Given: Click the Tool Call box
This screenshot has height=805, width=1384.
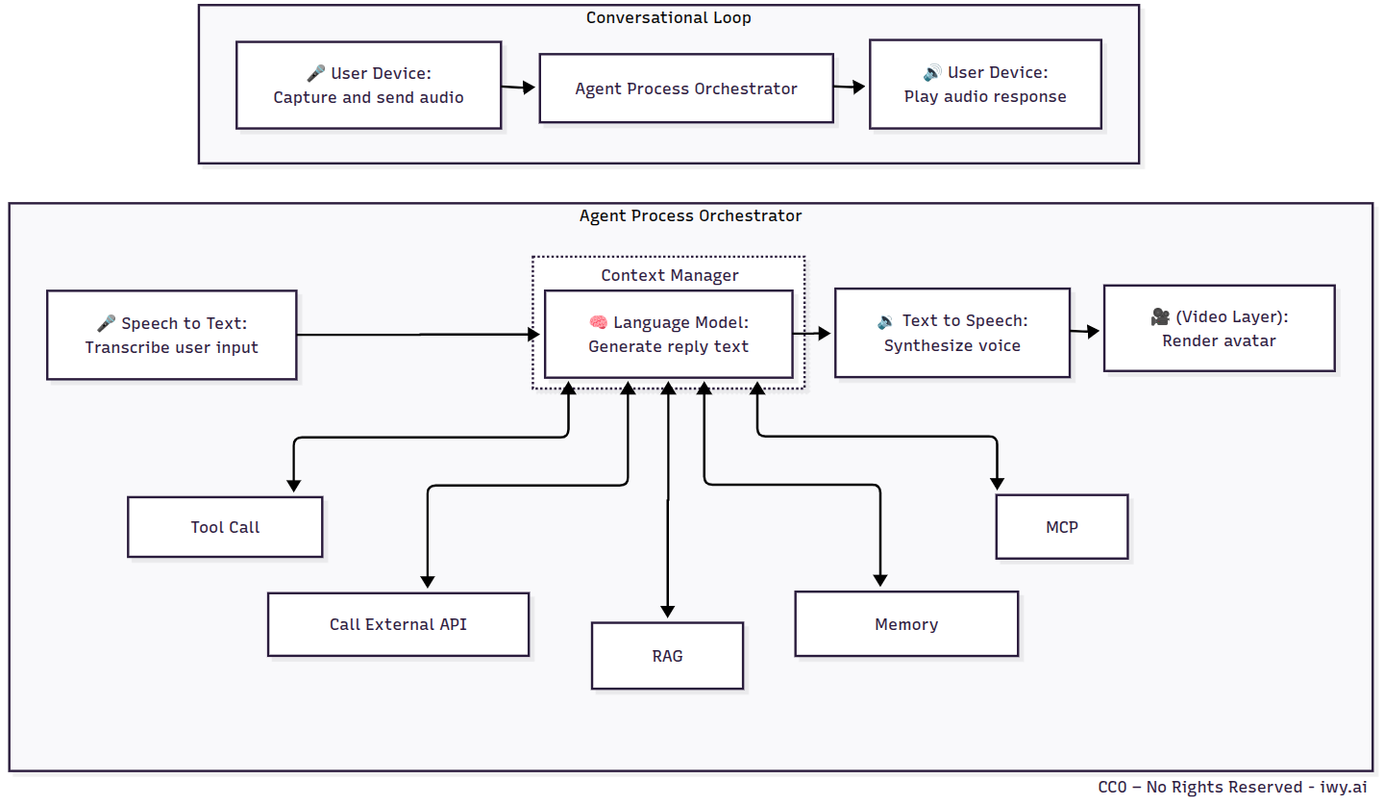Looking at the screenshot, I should pos(225,527).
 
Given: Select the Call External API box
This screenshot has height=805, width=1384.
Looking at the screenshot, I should pos(398,624).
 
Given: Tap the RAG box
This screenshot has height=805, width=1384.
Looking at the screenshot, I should pos(667,656).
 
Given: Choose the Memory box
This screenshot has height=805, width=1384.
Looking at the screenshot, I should pos(905,624).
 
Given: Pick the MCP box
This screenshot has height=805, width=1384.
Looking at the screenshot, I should pos(1061,527).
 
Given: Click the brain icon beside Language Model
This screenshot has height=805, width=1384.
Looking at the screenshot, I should pos(598,322).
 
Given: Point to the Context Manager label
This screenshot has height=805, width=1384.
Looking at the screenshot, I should pos(669,275).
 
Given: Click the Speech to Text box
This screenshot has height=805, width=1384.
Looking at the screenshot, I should pos(171,335).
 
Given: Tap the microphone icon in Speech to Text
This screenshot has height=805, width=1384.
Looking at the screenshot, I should pos(106,323).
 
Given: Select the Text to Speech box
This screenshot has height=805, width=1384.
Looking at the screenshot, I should pos(951,333).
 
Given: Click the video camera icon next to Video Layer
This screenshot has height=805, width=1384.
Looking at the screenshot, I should pos(1159,316).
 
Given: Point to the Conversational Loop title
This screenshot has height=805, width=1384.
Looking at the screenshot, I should pos(668,17).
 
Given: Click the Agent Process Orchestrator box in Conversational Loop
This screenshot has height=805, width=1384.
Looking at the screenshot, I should pos(685,88).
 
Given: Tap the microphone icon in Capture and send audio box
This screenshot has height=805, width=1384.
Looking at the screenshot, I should pos(315,73).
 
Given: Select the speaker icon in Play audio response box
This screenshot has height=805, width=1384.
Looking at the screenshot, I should pos(931,73).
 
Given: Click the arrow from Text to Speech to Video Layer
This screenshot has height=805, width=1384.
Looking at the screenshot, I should pos(1086,332).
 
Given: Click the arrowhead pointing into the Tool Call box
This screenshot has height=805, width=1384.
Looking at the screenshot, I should pos(292,486).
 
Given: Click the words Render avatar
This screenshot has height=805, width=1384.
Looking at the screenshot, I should pos(1219,340).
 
